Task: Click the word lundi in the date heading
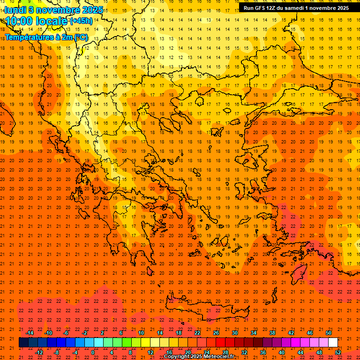[15, 10]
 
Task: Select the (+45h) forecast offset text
[81, 21]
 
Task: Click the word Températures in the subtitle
[26, 37]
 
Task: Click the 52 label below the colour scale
[338, 352]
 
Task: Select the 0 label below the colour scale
[93, 352]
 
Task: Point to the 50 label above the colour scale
[329, 333]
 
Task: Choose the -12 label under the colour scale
[39, 352]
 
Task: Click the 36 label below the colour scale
[263, 352]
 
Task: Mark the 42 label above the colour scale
[291, 333]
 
